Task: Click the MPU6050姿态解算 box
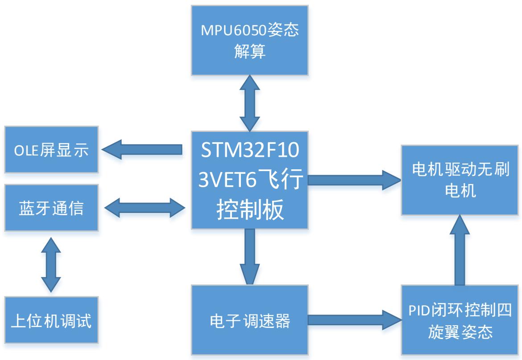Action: point(249,40)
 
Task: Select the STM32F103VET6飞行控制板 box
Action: point(249,180)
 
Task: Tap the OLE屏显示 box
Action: point(51,150)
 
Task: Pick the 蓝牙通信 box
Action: point(51,208)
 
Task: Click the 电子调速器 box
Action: point(249,320)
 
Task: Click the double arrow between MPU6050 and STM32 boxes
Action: point(249,102)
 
